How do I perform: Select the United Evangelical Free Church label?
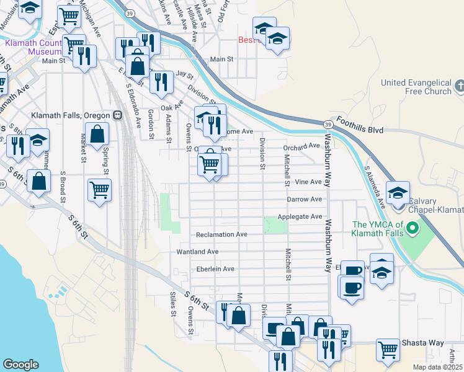(x=416, y=87)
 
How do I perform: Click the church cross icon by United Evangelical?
(x=459, y=86)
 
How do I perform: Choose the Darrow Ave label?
(x=304, y=200)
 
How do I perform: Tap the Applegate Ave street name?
(x=300, y=217)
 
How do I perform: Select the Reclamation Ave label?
(x=221, y=235)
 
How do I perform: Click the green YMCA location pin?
(x=409, y=232)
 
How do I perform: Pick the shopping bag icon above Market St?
(x=98, y=134)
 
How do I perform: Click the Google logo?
(x=20, y=365)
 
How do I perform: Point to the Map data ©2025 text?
(x=438, y=367)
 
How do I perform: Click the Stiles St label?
(x=173, y=304)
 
